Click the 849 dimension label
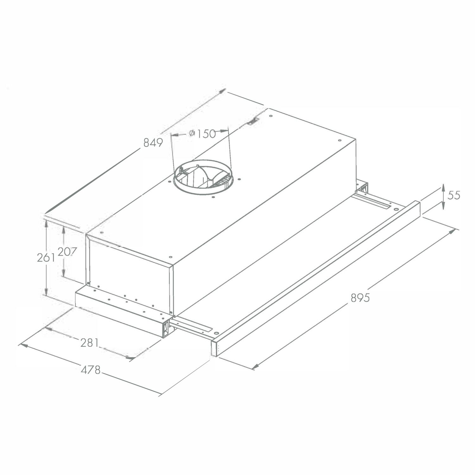153,143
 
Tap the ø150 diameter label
202,134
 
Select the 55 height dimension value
453,195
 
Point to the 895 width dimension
360,298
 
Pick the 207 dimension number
67,252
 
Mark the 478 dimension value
91,369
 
